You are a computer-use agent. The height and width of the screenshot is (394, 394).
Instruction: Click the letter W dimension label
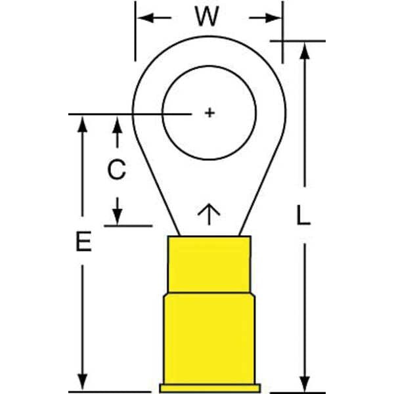(x=208, y=16)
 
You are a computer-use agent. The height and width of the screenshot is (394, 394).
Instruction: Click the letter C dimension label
(x=117, y=169)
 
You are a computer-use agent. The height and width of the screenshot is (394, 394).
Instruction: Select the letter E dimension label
(x=83, y=242)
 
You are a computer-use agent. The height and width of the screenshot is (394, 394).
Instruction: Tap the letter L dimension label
(x=303, y=215)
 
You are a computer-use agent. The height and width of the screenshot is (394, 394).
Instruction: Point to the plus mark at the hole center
(x=209, y=112)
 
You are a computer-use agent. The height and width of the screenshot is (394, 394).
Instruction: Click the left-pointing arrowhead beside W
(x=146, y=18)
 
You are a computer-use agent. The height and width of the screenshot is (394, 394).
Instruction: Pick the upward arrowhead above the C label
(x=117, y=125)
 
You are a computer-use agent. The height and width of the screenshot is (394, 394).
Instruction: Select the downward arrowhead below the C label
(x=117, y=216)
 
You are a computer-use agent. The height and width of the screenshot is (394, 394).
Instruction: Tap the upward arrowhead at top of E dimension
(x=82, y=124)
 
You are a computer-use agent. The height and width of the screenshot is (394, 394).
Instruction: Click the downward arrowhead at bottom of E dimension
(x=82, y=382)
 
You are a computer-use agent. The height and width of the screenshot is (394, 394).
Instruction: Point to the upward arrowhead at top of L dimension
(x=305, y=51)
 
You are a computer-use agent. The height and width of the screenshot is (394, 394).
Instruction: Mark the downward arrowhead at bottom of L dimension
(x=305, y=383)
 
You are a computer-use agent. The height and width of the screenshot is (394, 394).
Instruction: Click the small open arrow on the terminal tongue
(x=209, y=214)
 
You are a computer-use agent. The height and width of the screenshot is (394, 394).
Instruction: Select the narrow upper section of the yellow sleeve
(x=209, y=265)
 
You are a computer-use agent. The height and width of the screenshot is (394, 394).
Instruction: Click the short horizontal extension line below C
(x=128, y=226)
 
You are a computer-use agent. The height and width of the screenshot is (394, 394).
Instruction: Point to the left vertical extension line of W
(x=135, y=31)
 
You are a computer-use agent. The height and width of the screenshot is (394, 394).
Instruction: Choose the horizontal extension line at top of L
(x=297, y=41)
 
